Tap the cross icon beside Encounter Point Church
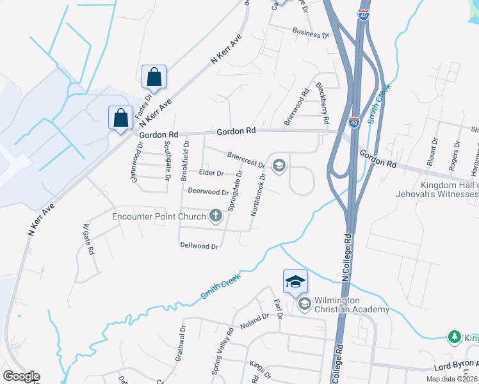click(215, 216)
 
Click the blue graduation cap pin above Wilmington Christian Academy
click(295, 281)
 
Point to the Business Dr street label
click(311, 33)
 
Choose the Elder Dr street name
click(211, 173)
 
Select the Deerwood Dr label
click(208, 192)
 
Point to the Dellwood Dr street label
click(199, 245)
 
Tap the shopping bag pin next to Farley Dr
click(154, 77)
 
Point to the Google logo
click(21, 376)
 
